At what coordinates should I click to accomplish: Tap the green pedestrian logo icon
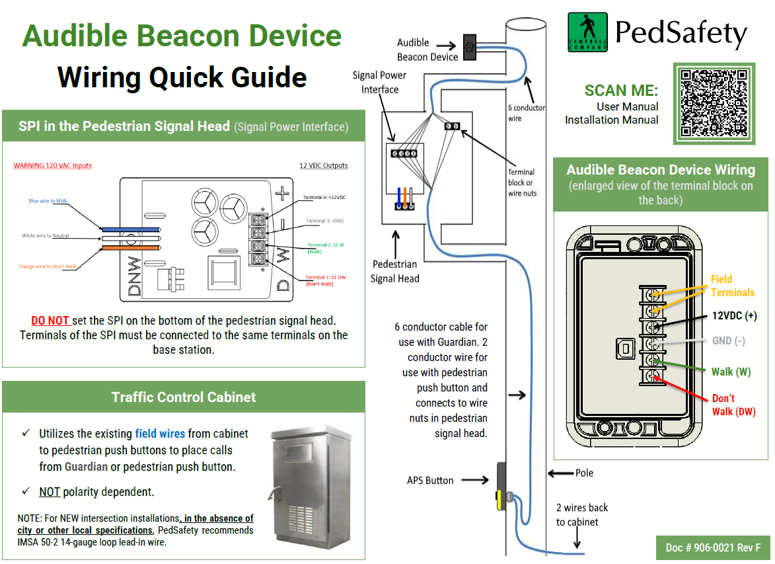click(587, 32)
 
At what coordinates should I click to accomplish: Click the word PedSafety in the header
click(681, 32)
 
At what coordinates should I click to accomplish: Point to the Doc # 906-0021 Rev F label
click(713, 547)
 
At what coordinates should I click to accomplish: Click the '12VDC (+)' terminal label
click(733, 316)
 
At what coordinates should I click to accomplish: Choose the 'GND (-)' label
click(729, 341)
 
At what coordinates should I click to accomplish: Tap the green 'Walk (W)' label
click(731, 372)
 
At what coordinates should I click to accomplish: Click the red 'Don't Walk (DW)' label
click(733, 405)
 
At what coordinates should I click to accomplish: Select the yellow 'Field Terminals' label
click(732, 286)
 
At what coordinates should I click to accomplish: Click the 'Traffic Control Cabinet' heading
click(184, 397)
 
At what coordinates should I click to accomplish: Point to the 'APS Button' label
click(430, 481)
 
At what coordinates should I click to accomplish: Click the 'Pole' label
click(584, 473)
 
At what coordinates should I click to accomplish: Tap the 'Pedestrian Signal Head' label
click(394, 271)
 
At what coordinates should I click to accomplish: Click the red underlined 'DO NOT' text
click(50, 321)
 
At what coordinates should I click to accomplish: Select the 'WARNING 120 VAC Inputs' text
click(52, 165)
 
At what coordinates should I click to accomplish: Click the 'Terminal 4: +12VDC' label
click(324, 198)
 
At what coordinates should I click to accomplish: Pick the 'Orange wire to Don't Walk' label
click(48, 266)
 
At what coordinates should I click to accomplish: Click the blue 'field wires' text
click(160, 434)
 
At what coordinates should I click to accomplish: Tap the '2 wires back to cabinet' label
click(581, 514)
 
